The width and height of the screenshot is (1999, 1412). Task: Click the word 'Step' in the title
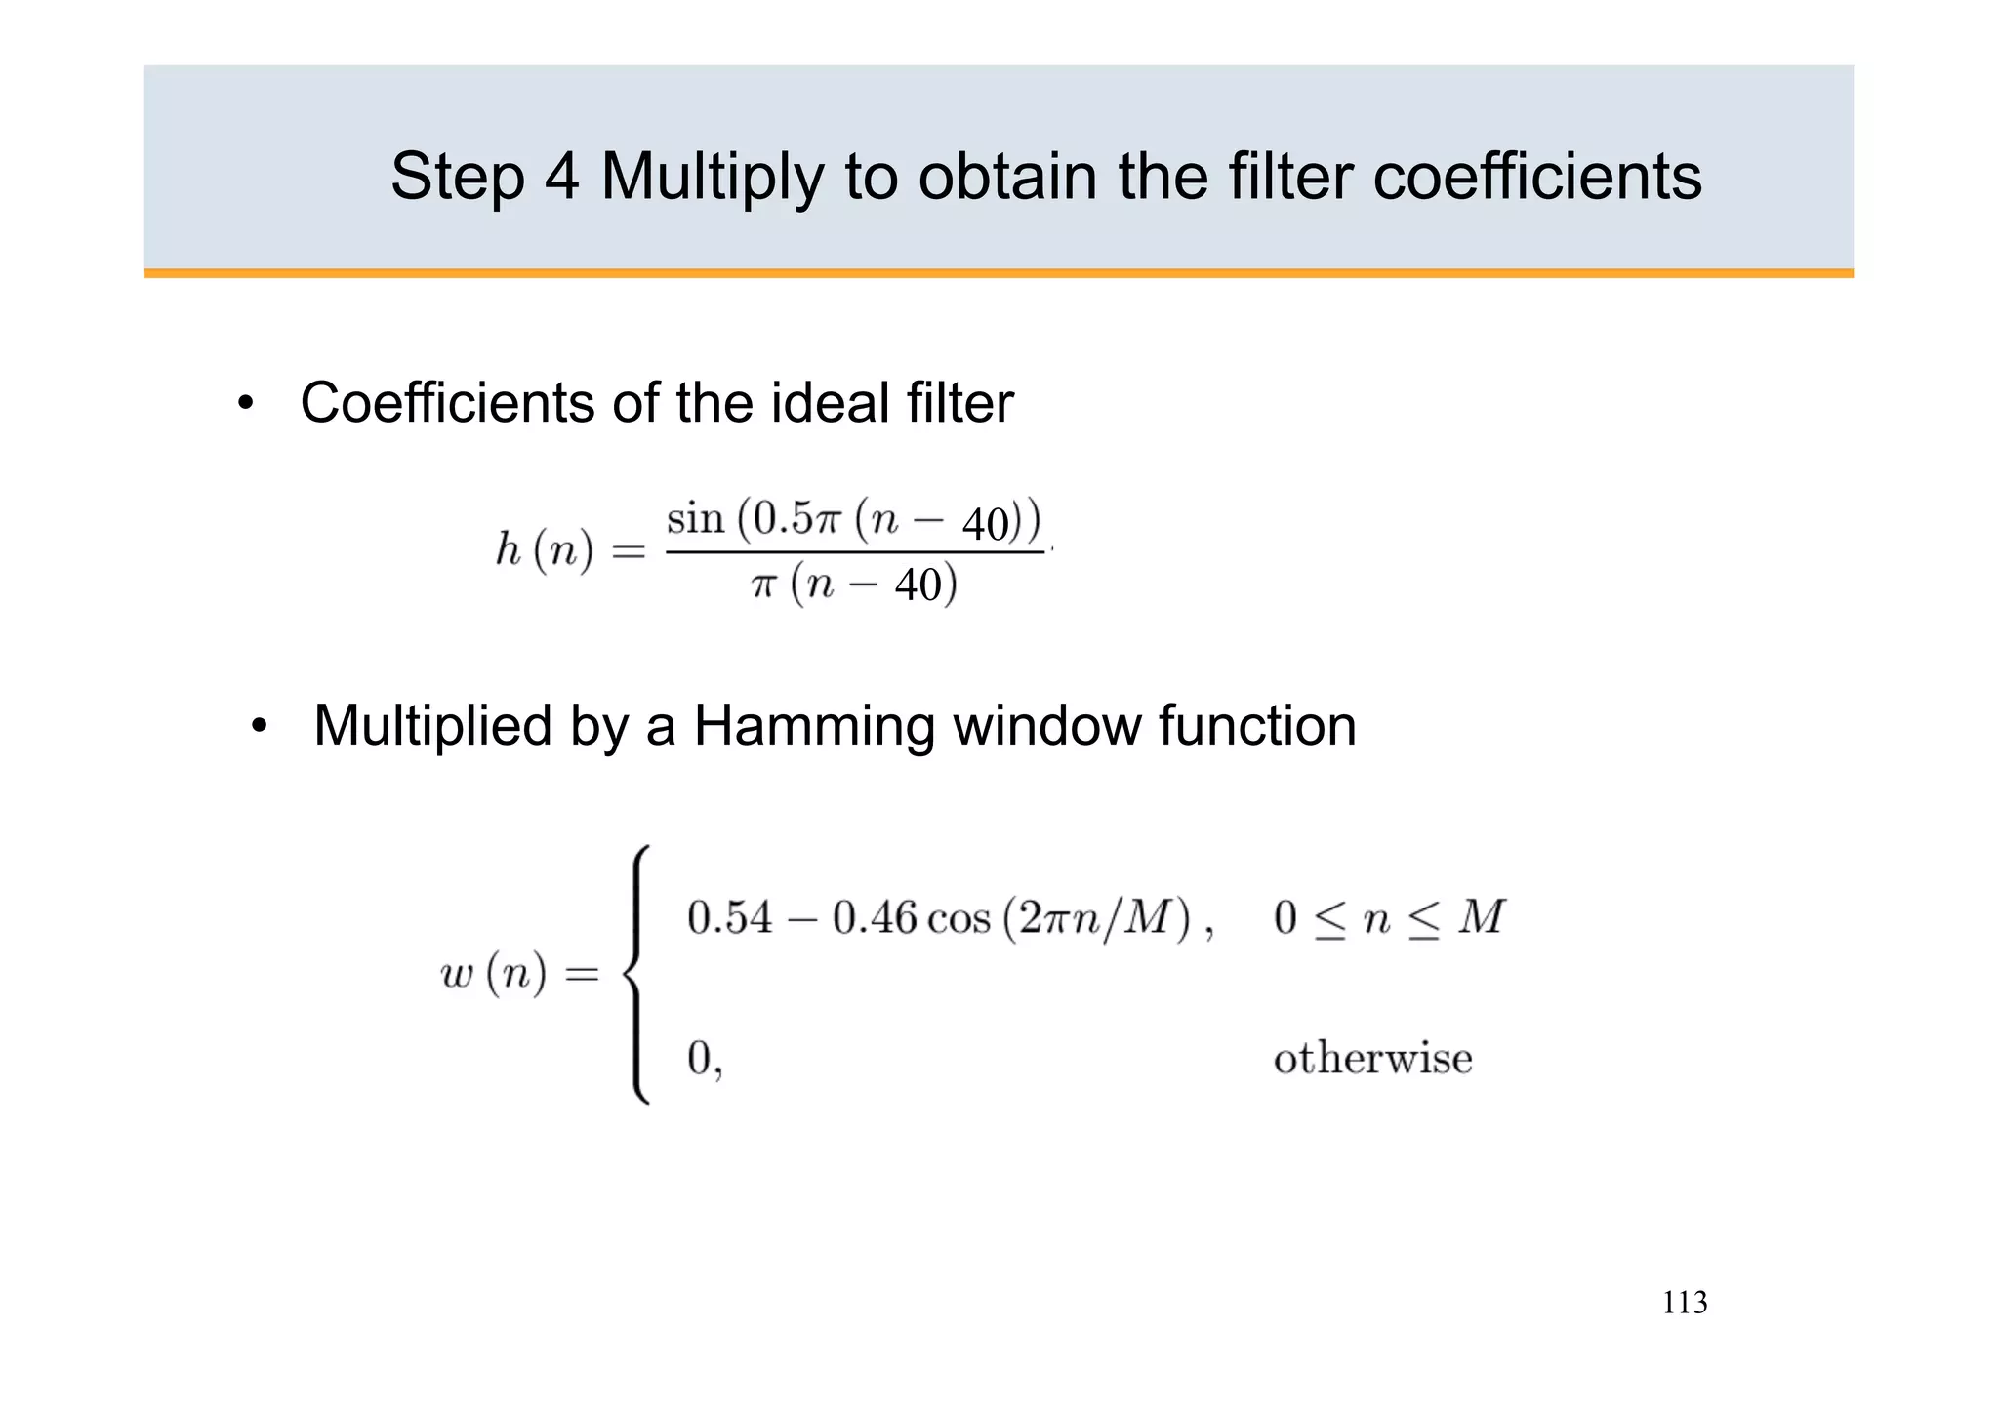[455, 178]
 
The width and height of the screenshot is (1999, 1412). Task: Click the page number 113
[1685, 1303]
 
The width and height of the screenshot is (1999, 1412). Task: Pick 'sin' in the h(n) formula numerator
[695, 518]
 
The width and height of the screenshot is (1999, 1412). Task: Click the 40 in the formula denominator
[918, 585]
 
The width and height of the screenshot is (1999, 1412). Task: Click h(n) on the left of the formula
[544, 550]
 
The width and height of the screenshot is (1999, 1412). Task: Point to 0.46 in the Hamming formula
[875, 918]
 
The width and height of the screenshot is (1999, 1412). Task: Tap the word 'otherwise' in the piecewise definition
[1372, 1059]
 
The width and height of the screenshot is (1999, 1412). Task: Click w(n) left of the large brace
[493, 974]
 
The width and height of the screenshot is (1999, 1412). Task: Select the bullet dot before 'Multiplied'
[259, 728]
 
